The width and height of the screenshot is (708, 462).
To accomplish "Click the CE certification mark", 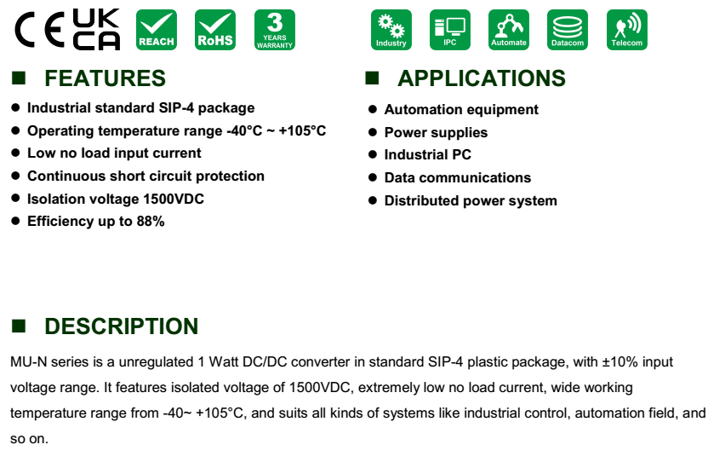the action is [40, 30].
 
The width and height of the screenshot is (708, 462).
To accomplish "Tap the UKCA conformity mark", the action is [97, 29].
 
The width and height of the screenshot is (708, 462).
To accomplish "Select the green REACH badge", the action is [157, 30].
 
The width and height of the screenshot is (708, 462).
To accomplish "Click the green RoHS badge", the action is [215, 30].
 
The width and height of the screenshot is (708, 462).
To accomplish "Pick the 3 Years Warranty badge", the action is [275, 30].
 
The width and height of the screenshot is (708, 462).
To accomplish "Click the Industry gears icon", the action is [391, 30].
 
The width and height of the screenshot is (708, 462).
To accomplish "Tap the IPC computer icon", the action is [449, 30].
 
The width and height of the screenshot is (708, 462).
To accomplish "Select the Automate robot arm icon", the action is [508, 30].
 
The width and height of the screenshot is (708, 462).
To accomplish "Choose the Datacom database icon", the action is [567, 30].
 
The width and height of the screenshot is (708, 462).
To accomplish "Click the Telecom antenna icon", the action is [626, 30].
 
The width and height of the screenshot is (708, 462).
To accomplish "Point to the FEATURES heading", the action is [105, 78].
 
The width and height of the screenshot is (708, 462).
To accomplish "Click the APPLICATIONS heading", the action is [482, 78].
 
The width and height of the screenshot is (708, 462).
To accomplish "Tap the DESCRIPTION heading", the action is [121, 326].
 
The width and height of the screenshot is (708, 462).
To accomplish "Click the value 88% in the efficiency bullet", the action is [151, 222].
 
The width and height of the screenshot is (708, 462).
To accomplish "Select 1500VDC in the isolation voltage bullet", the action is [174, 199].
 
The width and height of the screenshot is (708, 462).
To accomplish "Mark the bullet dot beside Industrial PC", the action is [373, 154].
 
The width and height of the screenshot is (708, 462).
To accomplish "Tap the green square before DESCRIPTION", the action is [19, 326].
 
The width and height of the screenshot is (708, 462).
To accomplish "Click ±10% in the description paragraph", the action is [620, 362].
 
